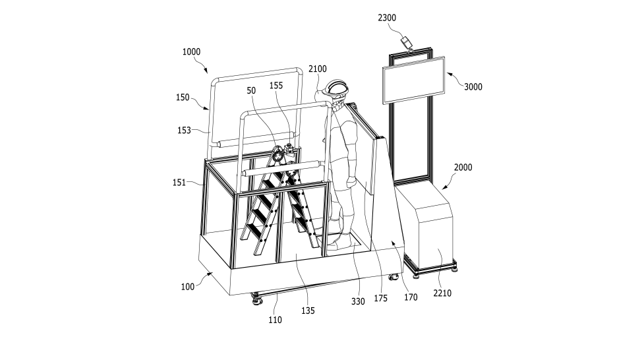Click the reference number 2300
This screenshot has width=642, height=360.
pos(387,18)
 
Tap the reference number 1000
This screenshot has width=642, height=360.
pos(191,51)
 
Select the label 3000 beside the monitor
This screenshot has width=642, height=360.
pos(473,87)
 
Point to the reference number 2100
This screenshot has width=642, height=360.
pos(317,69)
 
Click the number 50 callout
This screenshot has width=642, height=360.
pos(251,90)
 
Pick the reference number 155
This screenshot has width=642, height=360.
pos(276,85)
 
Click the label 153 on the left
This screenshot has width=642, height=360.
pos(184,131)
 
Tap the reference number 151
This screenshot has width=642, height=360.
pos(179,182)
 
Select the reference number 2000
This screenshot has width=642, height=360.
pos(463,167)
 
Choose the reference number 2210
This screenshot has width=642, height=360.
pos(442,293)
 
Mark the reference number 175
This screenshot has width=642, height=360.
pos(380,299)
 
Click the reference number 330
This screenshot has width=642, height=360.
pos(358,301)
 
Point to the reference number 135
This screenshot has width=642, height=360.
pos(308,311)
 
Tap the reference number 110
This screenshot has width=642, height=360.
pos(275,320)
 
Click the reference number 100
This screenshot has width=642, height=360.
pos(187,287)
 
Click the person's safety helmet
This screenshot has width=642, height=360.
pos(336,87)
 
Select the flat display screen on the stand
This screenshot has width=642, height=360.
pos(413,80)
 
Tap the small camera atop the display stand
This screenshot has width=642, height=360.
pos(406,43)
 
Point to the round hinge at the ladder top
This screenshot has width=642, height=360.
pos(276,154)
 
